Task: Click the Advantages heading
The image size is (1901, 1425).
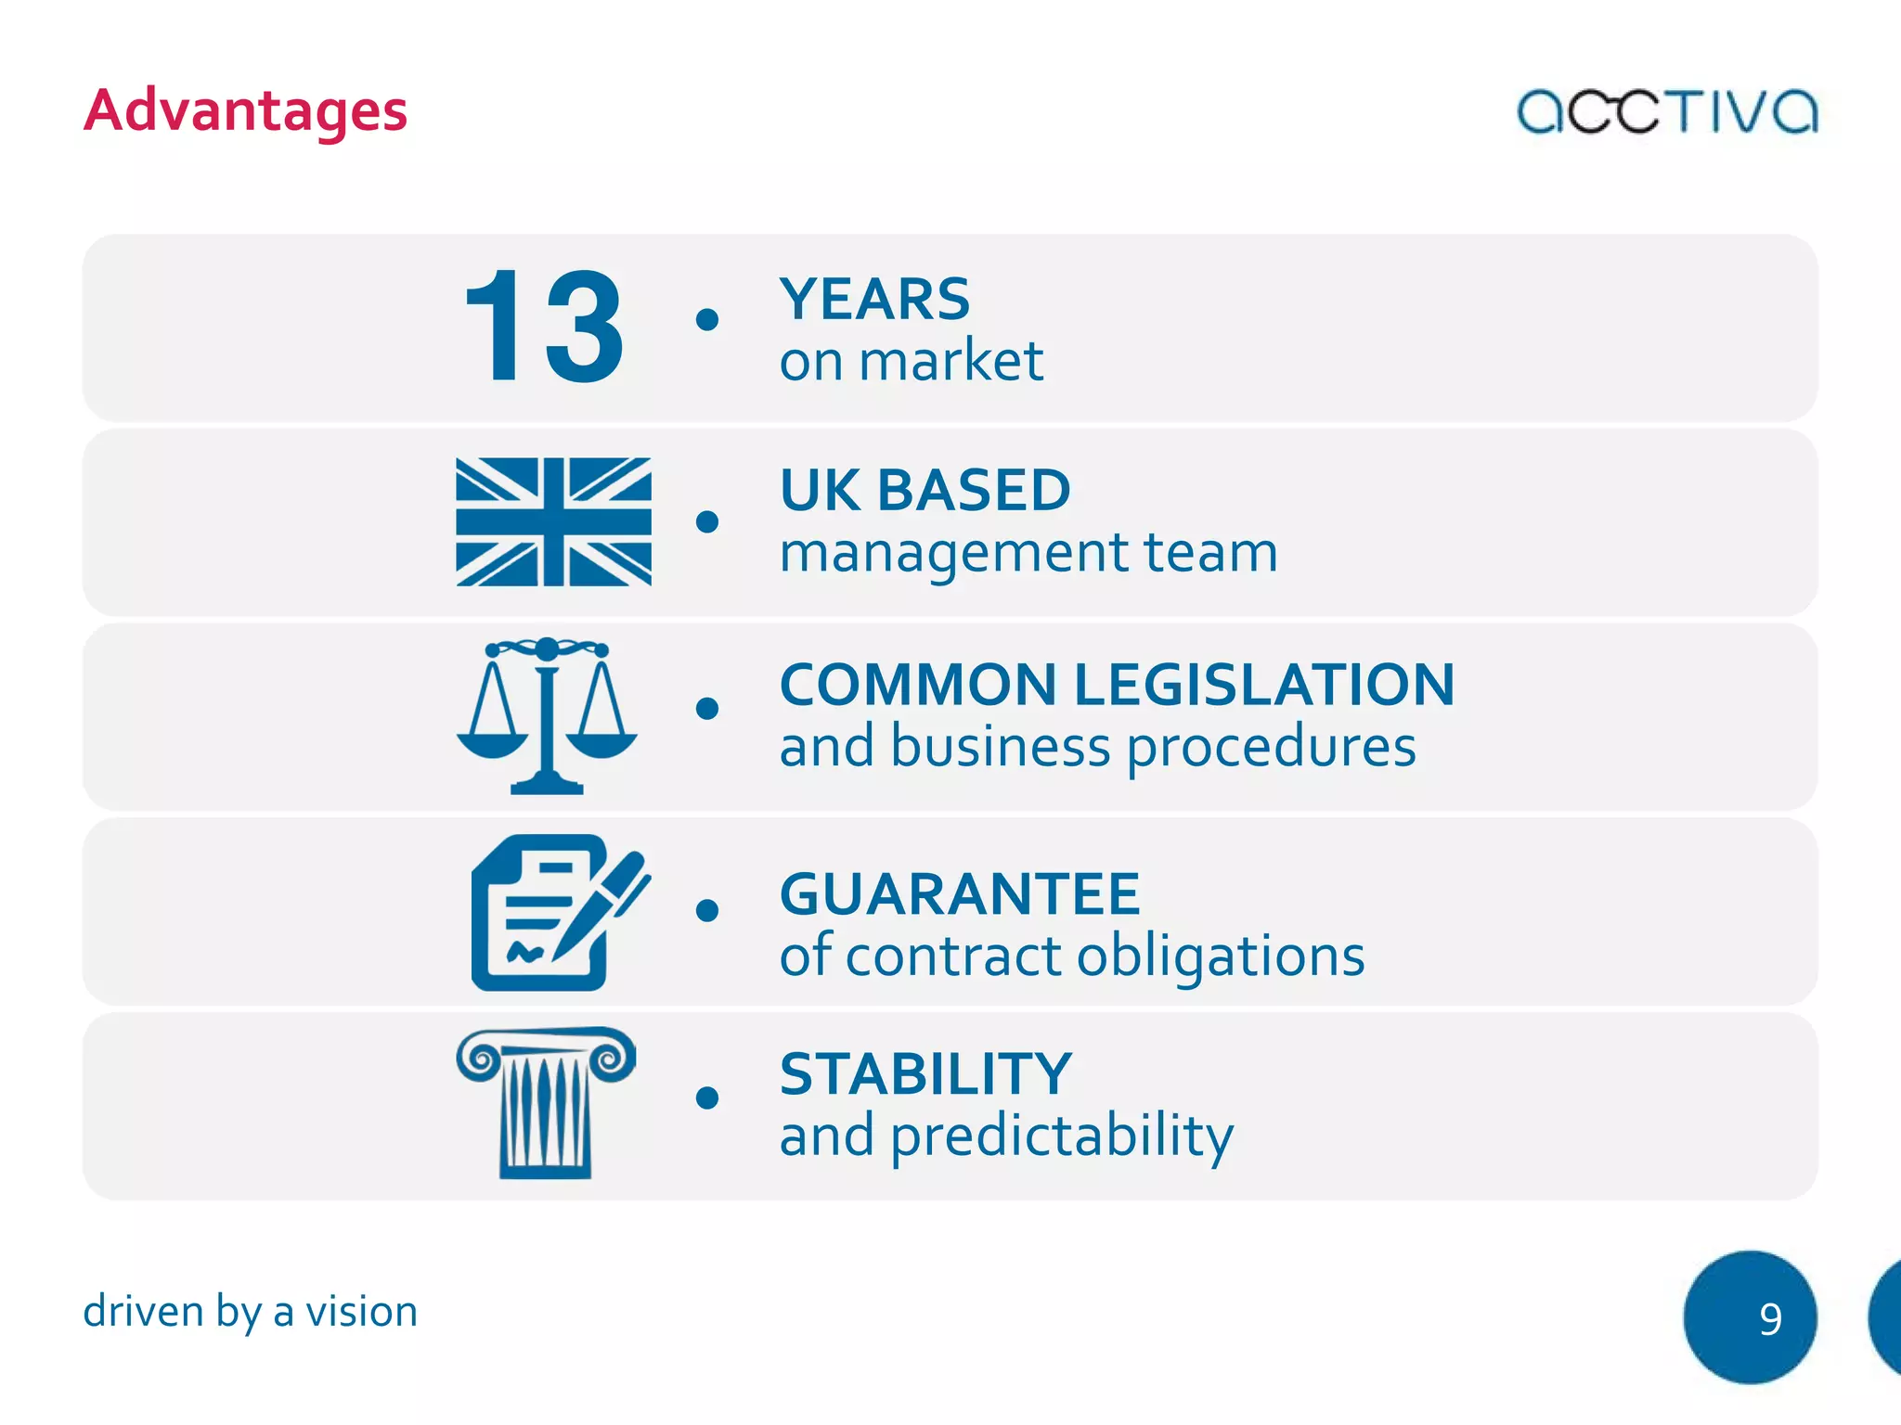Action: [246, 111]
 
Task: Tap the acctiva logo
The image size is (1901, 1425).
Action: [1667, 111]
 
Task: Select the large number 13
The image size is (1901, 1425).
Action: [544, 326]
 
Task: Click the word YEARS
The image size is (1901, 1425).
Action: [874, 300]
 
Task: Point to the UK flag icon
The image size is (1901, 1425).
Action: [553, 521]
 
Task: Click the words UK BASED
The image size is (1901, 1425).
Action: [925, 490]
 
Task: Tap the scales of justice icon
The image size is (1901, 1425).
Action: [547, 715]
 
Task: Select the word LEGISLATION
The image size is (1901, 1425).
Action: [1264, 685]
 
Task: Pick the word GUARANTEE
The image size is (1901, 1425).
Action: [960, 894]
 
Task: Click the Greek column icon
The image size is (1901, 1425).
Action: [546, 1102]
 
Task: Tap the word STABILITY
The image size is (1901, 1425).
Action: [925, 1074]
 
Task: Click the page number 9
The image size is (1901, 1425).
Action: [1769, 1318]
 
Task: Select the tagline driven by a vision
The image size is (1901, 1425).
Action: [251, 1312]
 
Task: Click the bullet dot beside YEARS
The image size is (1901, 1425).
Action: [707, 319]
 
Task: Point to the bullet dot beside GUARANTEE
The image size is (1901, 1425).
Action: [707, 910]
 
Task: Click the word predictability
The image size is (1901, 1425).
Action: [1062, 1136]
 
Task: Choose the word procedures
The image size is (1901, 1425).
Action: [1272, 747]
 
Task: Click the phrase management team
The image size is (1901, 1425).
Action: [1028, 553]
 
